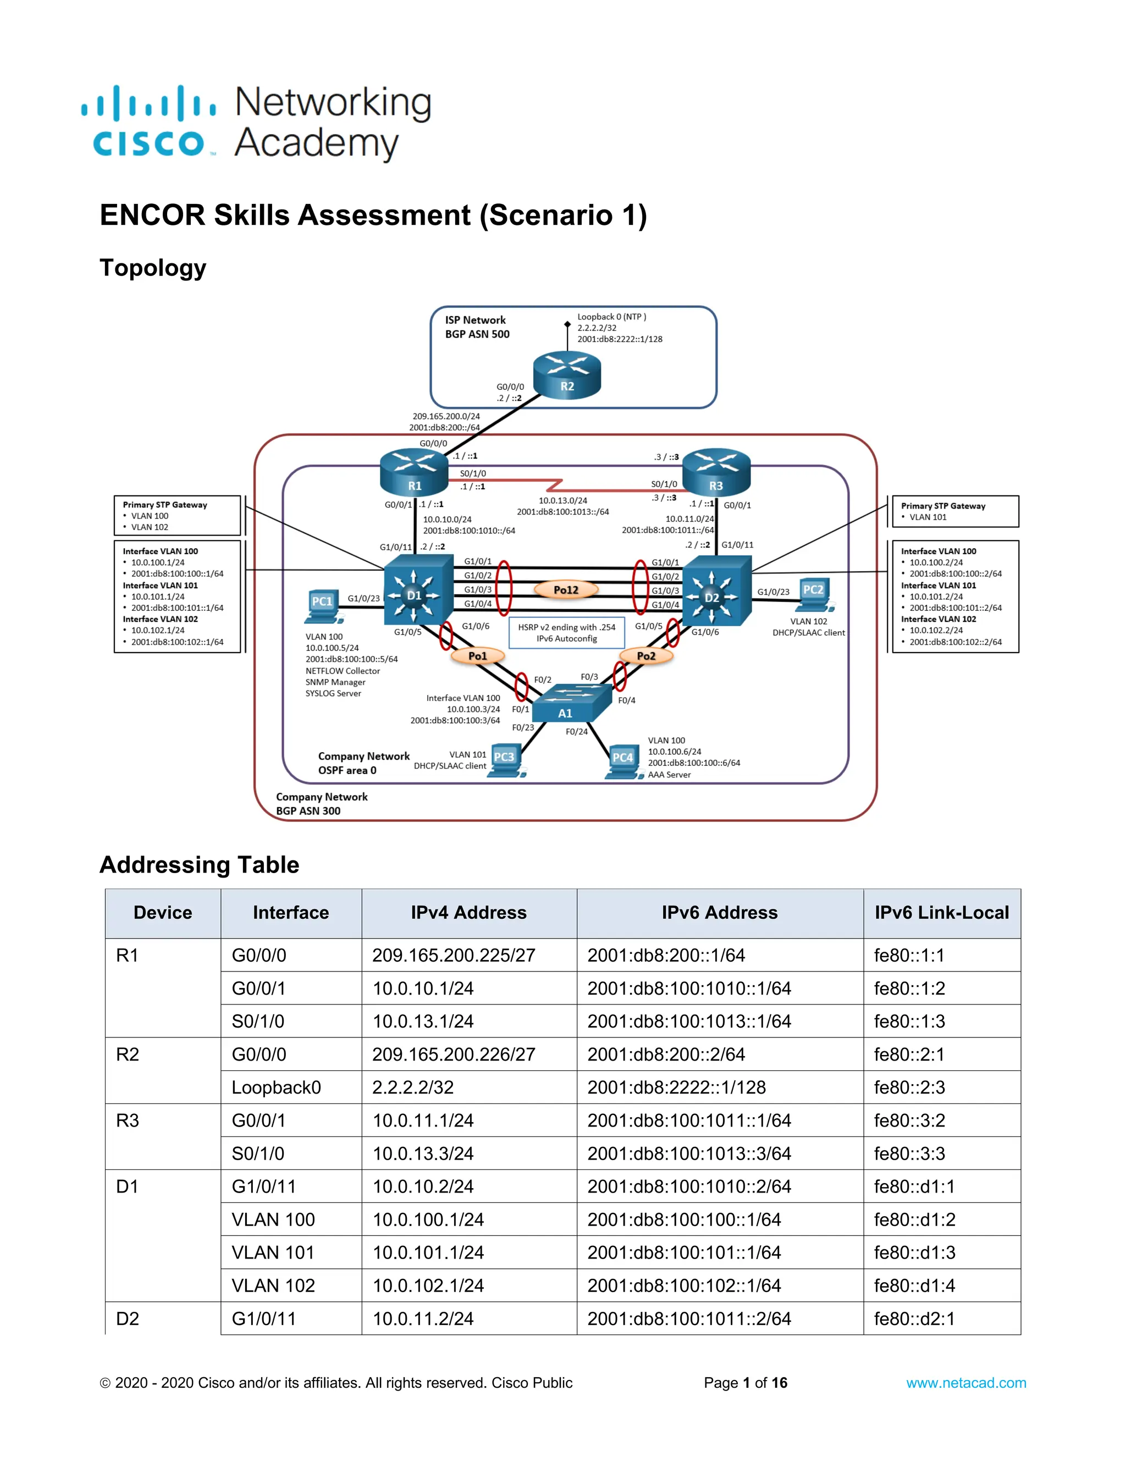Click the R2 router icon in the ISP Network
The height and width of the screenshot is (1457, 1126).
(x=566, y=375)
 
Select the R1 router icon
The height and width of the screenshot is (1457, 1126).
(x=414, y=472)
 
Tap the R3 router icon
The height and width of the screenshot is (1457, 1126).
(x=716, y=472)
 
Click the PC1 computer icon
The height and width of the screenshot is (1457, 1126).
(x=322, y=606)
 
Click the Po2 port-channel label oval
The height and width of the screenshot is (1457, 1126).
(x=645, y=656)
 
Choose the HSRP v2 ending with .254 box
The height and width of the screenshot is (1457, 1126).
(x=566, y=632)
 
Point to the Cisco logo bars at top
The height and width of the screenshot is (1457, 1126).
(x=148, y=103)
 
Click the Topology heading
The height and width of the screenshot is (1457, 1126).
(x=153, y=268)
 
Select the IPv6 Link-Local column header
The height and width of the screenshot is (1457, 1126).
(x=941, y=913)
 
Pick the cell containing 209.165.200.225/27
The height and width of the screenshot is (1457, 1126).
(x=454, y=956)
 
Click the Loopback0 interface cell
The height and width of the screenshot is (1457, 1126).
(x=276, y=1088)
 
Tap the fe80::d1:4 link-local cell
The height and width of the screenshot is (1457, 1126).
(x=914, y=1285)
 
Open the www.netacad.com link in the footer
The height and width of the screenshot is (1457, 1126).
(x=965, y=1383)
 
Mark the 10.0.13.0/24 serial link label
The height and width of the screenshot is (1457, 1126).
(x=563, y=500)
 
